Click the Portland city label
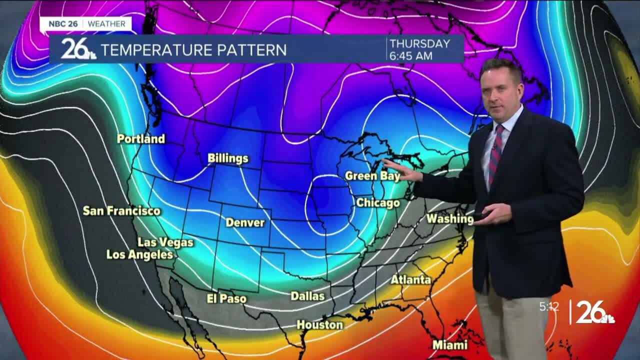click(140, 138)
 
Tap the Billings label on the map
click(228, 158)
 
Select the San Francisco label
click(121, 211)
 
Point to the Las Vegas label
click(165, 242)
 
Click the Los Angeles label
click(139, 254)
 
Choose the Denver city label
click(245, 222)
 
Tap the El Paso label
click(226, 298)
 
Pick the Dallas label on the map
click(307, 296)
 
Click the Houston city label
click(320, 325)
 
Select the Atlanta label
click(410, 279)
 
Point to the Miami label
click(450, 345)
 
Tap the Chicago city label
click(377, 203)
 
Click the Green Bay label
click(372, 176)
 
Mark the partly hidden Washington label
click(449, 218)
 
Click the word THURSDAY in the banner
click(420, 43)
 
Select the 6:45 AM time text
click(411, 56)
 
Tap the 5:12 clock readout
click(549, 307)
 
